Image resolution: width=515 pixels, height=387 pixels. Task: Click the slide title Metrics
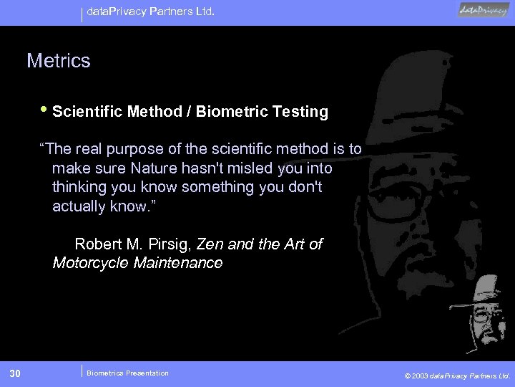tap(59, 61)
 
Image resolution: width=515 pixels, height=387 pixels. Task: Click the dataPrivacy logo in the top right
tap(483, 11)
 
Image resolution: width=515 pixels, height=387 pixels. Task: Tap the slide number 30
tap(16, 373)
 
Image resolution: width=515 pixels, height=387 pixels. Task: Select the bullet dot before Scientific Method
tap(45, 111)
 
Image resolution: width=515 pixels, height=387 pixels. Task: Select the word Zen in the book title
tap(210, 244)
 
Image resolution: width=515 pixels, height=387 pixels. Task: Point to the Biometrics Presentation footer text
tap(127, 373)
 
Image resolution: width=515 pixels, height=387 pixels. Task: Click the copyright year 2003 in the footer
tap(422, 375)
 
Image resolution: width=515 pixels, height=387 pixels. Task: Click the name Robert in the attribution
tap(99, 244)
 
